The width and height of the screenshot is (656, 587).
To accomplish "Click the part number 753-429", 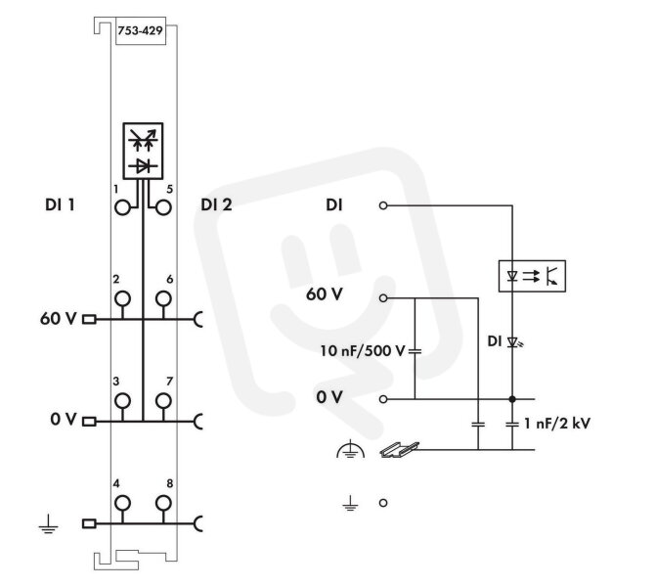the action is [140, 31].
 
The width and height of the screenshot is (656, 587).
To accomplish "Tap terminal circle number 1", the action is [122, 207].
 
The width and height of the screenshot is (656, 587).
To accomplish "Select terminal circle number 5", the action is [163, 207].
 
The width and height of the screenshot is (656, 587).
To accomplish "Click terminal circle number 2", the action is [122, 298].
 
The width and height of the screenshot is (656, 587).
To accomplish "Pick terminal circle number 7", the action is [163, 401].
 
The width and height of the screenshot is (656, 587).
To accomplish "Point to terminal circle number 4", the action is [122, 503].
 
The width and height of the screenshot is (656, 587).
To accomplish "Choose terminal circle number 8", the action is [163, 503].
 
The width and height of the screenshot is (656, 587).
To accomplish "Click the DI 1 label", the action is [60, 204].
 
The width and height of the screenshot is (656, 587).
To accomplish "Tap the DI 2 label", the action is [216, 204].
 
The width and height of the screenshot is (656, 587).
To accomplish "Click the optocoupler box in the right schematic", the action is [532, 276].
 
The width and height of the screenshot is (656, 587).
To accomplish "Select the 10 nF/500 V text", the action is [363, 351].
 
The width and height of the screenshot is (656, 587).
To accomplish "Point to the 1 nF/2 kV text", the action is [557, 424].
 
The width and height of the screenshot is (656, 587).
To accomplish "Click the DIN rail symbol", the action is [399, 449].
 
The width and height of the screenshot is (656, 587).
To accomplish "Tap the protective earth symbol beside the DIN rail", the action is [351, 449].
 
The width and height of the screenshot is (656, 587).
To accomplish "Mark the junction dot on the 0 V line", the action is [512, 399].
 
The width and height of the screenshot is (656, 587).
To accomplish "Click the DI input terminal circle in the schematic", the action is [383, 205].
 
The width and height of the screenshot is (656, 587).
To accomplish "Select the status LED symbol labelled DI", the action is [514, 342].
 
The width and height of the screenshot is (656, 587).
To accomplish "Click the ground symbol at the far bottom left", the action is [49, 524].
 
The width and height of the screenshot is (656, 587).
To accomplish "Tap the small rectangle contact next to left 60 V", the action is [89, 320].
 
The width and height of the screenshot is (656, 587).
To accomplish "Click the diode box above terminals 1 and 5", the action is [143, 151].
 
